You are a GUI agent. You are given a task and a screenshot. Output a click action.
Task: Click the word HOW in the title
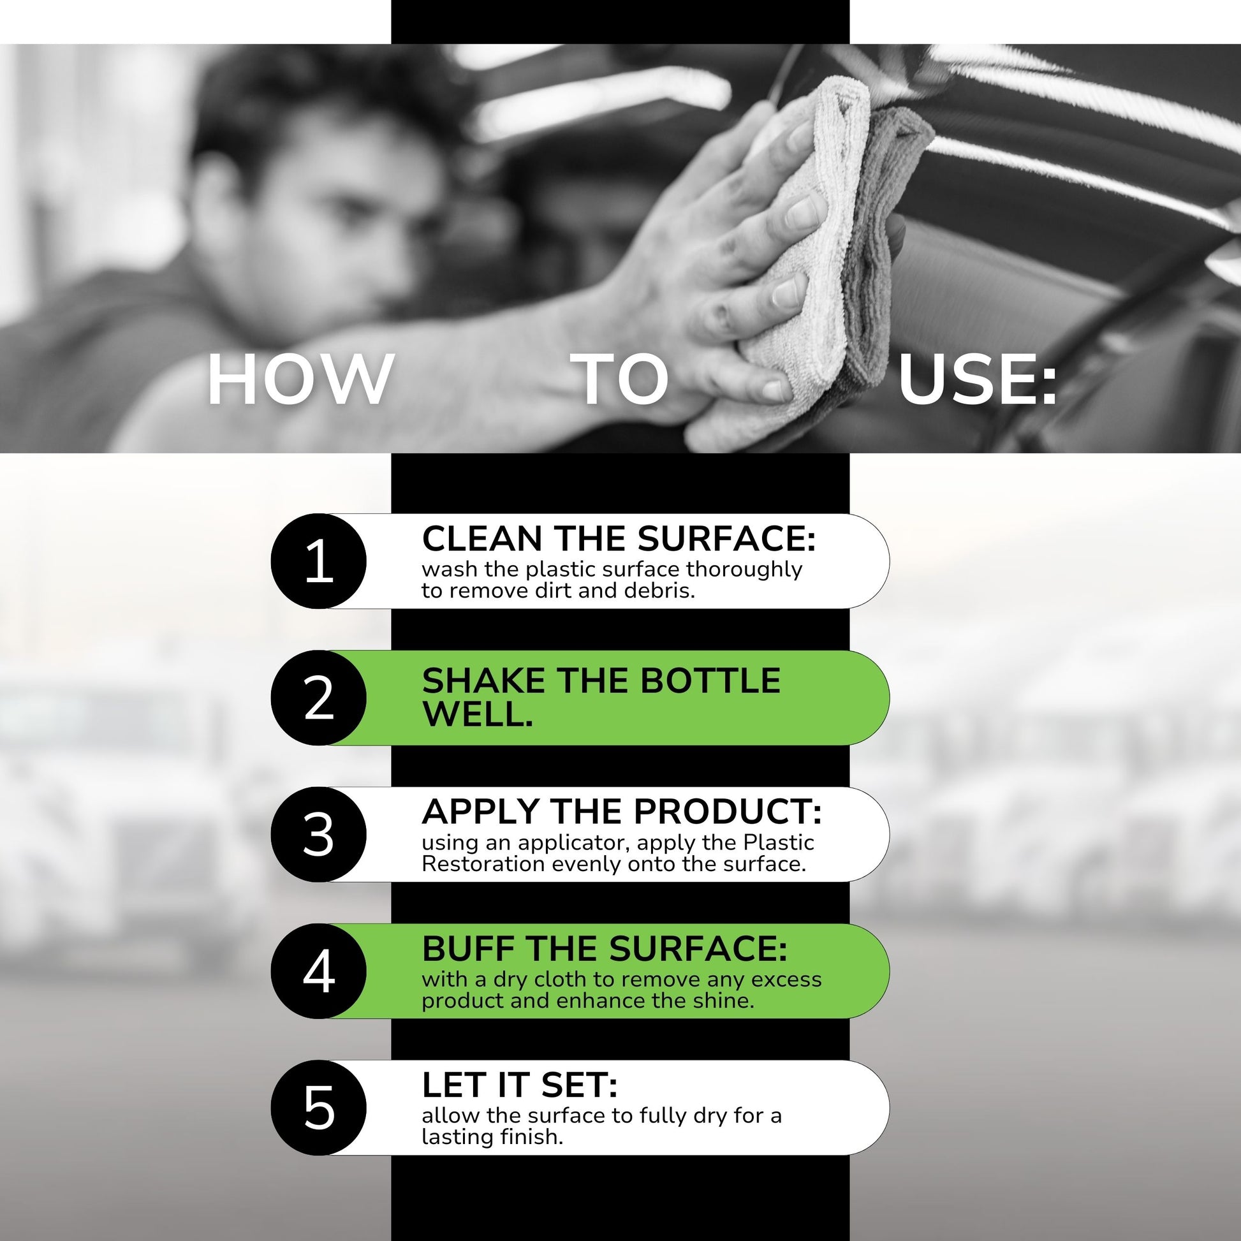tap(300, 379)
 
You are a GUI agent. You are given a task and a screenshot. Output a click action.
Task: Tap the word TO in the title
tap(620, 379)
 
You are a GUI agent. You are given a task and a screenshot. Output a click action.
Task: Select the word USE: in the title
tap(978, 379)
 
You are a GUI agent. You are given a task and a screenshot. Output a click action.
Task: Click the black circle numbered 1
tap(319, 561)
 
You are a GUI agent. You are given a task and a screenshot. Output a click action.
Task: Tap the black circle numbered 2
tap(319, 698)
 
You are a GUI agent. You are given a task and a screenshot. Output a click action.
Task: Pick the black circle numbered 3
tap(319, 834)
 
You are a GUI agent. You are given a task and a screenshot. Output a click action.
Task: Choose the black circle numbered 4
tap(319, 971)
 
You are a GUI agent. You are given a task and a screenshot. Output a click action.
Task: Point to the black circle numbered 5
tap(319, 1107)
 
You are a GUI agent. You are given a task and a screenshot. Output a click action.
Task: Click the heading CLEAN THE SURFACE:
tap(619, 538)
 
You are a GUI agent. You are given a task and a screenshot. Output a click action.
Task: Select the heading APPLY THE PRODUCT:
tap(622, 811)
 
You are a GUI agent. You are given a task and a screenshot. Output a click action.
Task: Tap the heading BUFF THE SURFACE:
tap(605, 948)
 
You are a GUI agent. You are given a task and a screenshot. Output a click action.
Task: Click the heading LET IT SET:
tap(520, 1085)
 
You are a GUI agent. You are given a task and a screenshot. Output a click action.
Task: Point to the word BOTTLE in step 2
tap(710, 681)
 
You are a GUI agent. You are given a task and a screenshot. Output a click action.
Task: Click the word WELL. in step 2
tap(478, 714)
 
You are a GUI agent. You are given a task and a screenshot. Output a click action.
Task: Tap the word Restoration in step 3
tap(483, 864)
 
